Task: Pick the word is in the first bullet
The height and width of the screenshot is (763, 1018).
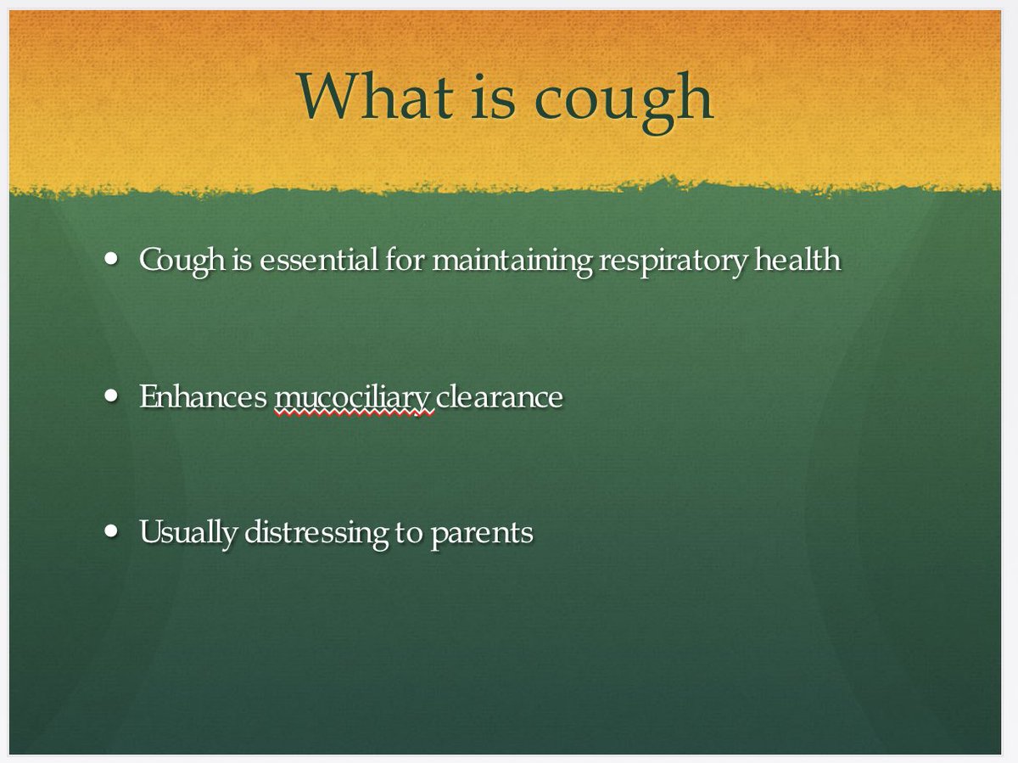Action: coord(242,259)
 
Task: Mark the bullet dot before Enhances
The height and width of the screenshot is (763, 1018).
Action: coord(112,396)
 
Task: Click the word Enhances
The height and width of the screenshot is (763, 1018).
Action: coord(203,396)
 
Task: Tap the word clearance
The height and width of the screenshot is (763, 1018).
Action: coord(501,396)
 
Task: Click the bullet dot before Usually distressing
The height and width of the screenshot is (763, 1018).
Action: coord(112,530)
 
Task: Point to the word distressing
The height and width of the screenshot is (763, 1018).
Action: coord(317,533)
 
